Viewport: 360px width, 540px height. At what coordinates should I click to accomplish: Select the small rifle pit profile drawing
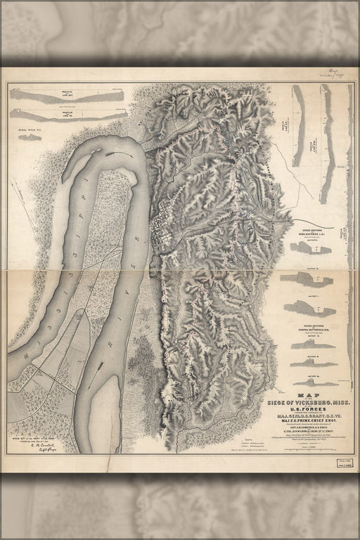(30, 136)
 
